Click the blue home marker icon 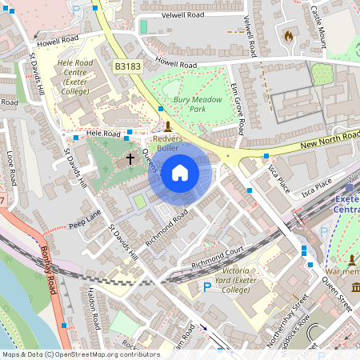pyautogui.click(x=180, y=173)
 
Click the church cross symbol pyautogui.click(x=130, y=159)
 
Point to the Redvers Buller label pyautogui.click(x=168, y=143)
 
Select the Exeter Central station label pyautogui.click(x=346, y=205)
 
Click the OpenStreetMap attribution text pyautogui.click(x=80, y=354)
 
